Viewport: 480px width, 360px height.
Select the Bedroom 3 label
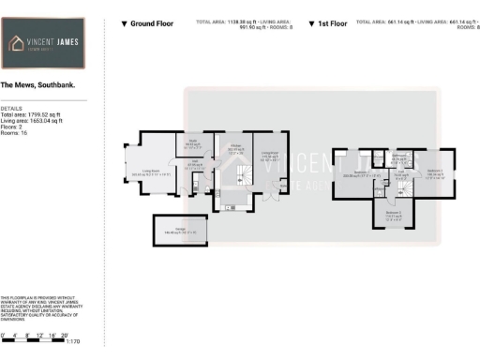[394, 215]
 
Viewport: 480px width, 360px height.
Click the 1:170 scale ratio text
[73, 343]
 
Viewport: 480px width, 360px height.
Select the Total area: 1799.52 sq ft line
[32, 114]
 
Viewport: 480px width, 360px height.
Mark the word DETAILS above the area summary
[11, 108]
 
